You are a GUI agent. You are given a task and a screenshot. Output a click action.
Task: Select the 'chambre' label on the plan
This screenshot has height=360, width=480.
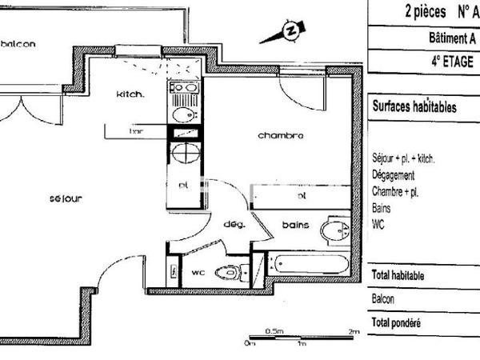(280, 135)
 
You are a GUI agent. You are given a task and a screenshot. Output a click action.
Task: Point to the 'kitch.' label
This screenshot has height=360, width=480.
(130, 94)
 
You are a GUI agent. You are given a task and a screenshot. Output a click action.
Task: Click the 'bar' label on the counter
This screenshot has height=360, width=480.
(137, 130)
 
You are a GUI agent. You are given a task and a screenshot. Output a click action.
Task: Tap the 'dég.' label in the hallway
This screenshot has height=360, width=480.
(233, 224)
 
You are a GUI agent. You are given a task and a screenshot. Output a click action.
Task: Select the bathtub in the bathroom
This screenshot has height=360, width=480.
(309, 263)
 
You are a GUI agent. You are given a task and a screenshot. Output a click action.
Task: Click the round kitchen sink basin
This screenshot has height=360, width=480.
(182, 115)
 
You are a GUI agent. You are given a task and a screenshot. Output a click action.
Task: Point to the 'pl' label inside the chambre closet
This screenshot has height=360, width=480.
(302, 194)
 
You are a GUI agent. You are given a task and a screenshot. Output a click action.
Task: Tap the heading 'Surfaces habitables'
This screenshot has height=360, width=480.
(414, 106)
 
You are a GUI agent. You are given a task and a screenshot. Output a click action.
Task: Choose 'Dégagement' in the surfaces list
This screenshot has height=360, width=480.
(394, 174)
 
